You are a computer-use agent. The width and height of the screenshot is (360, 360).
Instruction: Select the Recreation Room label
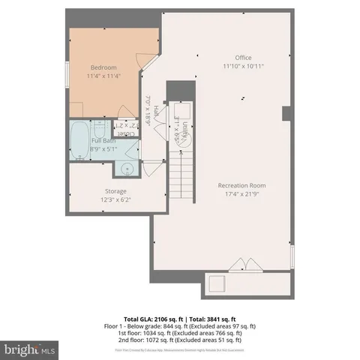pos(241,185)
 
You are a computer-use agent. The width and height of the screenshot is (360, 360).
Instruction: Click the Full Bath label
pos(103,140)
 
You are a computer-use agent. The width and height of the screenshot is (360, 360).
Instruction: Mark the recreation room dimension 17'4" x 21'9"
pos(241,194)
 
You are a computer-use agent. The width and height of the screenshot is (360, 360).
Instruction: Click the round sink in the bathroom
pos(128,169)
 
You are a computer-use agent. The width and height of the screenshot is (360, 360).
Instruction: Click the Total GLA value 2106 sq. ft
pos(150,318)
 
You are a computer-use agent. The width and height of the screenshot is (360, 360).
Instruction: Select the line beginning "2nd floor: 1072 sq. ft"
pos(179,340)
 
